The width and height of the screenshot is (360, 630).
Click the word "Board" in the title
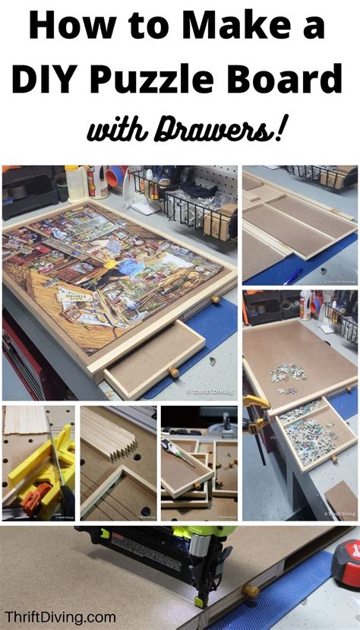[x=293, y=79]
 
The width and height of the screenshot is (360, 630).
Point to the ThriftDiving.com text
[x=60, y=616]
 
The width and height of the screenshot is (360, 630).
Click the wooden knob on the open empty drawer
[x=174, y=372]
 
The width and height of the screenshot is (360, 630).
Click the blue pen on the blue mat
[x=294, y=275]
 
